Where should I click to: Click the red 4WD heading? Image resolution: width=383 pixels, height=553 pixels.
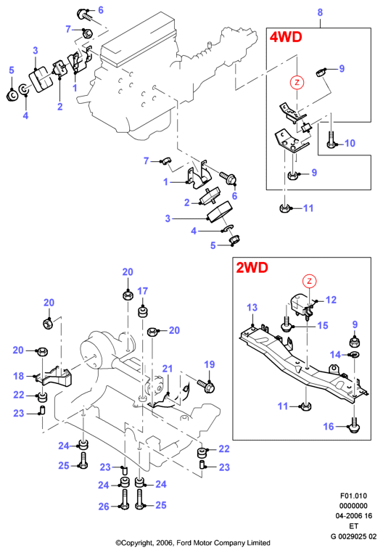pyautogui.click(x=286, y=37)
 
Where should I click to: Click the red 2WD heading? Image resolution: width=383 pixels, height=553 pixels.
pyautogui.click(x=252, y=268)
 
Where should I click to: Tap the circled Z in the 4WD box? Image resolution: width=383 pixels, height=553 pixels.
pyautogui.click(x=297, y=83)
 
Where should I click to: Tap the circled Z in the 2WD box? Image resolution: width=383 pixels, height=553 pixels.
pyautogui.click(x=309, y=281)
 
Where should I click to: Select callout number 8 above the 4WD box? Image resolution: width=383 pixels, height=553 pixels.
pyautogui.click(x=320, y=12)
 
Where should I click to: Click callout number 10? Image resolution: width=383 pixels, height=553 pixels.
pyautogui.click(x=350, y=143)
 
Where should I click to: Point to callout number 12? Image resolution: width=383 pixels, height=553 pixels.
pyautogui.click(x=331, y=300)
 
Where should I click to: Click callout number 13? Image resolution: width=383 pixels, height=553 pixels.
pyautogui.click(x=252, y=308)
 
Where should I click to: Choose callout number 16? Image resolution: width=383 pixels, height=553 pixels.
pyautogui.click(x=329, y=427)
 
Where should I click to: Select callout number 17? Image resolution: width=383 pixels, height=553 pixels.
pyautogui.click(x=142, y=291)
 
